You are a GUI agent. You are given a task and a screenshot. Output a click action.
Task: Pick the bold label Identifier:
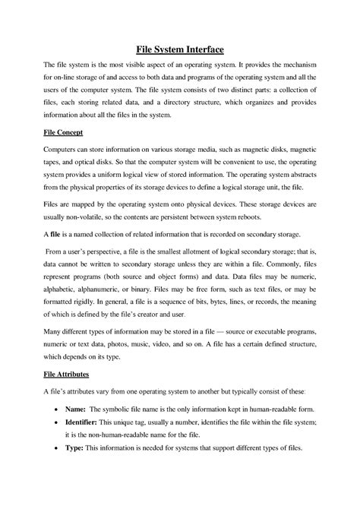(x=84, y=447)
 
